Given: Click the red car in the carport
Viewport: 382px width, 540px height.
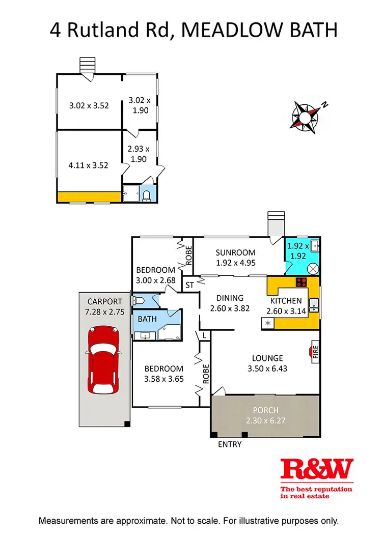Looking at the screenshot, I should click(104, 360).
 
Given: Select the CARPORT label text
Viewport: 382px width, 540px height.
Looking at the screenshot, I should click(104, 301).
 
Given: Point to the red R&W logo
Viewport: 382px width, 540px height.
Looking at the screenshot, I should click(317, 469).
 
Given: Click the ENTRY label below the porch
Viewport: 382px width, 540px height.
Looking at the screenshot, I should click(230, 444).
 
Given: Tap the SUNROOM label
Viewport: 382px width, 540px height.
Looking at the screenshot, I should click(235, 253).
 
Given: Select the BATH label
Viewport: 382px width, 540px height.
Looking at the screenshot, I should click(148, 319).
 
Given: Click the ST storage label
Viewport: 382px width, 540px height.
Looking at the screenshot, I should click(189, 284).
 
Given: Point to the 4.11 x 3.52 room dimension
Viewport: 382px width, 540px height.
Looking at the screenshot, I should click(89, 165).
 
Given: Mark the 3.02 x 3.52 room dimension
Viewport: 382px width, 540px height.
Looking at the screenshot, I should click(89, 106).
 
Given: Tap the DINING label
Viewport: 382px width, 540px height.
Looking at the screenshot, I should click(230, 298).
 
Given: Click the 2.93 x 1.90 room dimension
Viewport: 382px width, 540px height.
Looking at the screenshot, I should click(139, 154).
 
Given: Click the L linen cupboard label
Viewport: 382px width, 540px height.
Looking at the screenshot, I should click(204, 335).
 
